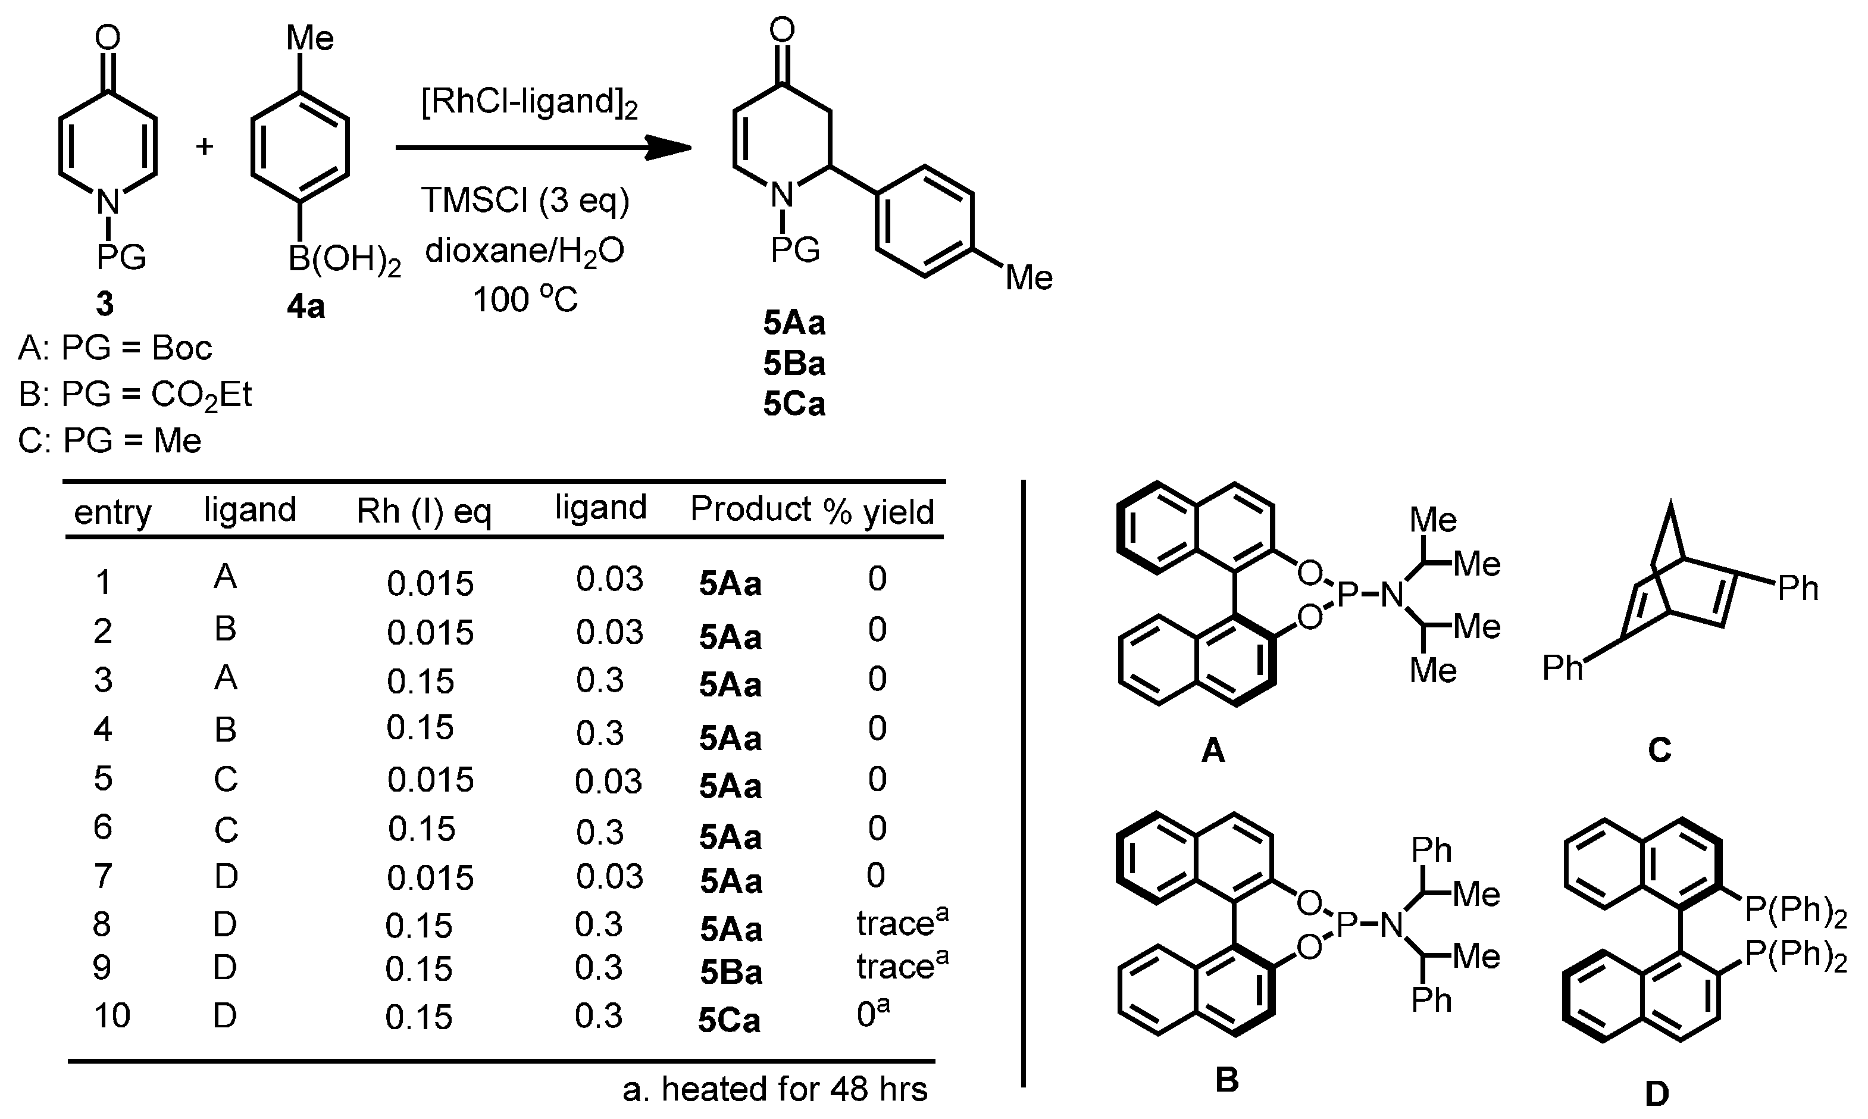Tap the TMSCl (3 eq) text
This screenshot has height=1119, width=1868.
(x=525, y=201)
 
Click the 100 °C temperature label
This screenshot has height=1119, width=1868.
(x=525, y=299)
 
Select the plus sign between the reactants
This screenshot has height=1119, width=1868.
(x=204, y=146)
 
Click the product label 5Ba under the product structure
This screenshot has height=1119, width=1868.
(x=794, y=364)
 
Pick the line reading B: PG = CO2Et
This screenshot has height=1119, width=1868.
(x=136, y=395)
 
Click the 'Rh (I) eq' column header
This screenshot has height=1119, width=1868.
(x=424, y=511)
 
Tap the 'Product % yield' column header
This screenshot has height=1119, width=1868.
(x=812, y=511)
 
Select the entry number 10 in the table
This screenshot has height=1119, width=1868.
(x=111, y=1015)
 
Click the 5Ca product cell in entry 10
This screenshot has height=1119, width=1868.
(x=729, y=1021)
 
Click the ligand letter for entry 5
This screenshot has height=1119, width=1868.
(x=226, y=779)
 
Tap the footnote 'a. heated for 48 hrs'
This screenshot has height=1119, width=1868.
(x=774, y=1089)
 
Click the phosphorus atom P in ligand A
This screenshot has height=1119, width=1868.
(x=1346, y=596)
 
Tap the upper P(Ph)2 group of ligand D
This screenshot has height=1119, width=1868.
(x=1795, y=911)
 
